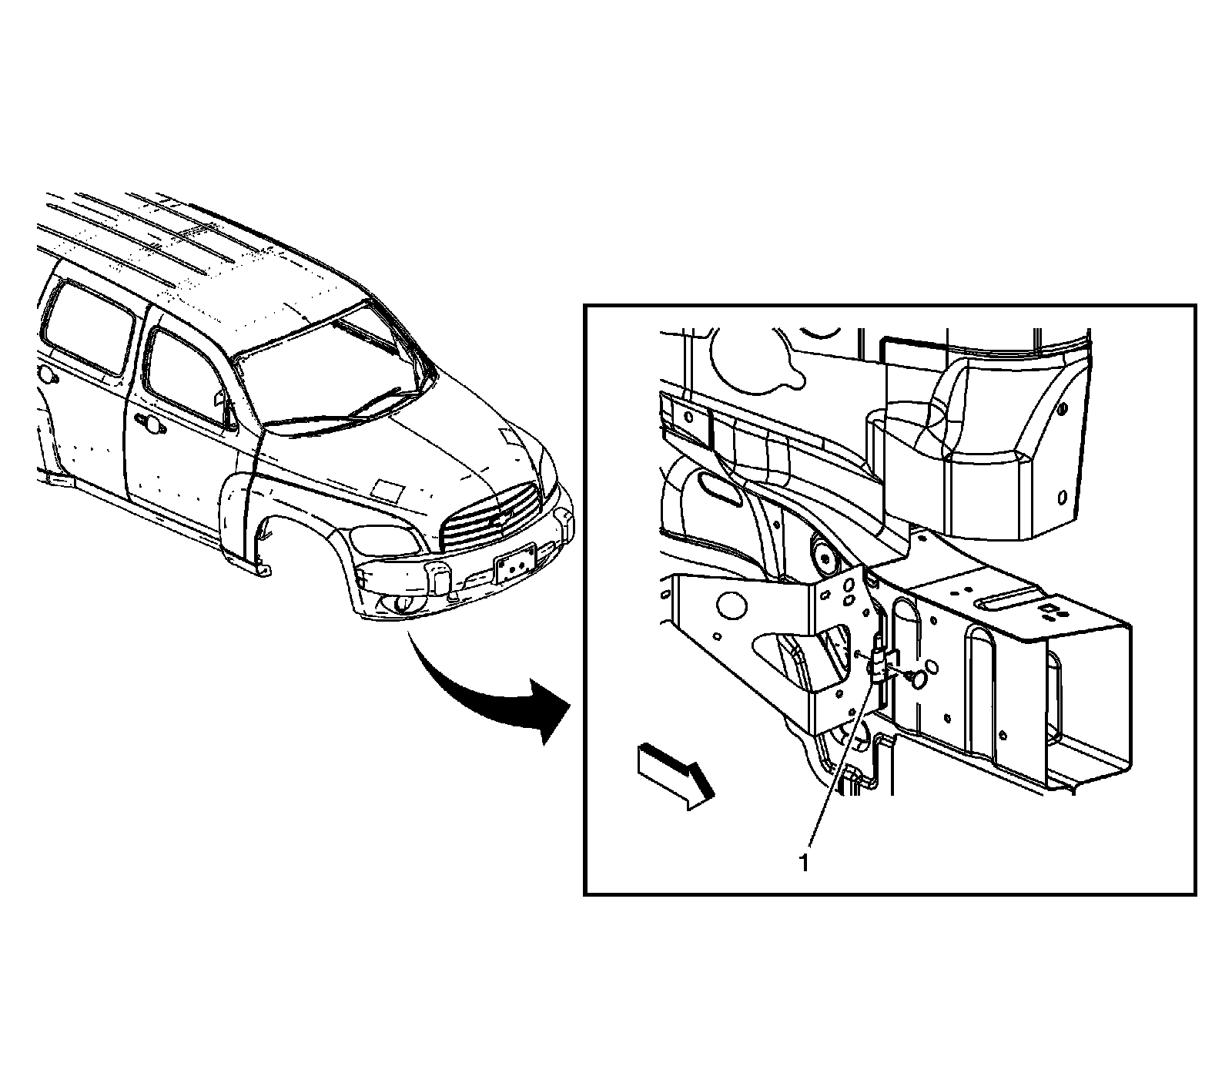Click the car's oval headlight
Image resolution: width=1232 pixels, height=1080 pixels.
click(387, 540)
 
